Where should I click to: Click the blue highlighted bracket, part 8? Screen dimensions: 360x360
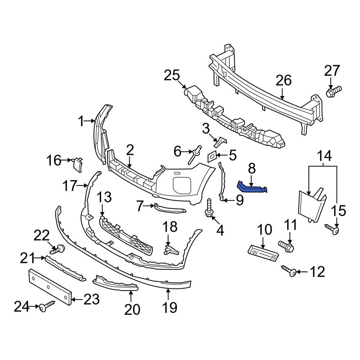(252, 188)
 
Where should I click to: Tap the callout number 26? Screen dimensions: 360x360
(283, 80)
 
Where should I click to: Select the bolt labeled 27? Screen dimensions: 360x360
(333, 91)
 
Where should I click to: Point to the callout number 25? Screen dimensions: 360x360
(172, 76)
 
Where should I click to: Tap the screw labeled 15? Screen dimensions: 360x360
(333, 230)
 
